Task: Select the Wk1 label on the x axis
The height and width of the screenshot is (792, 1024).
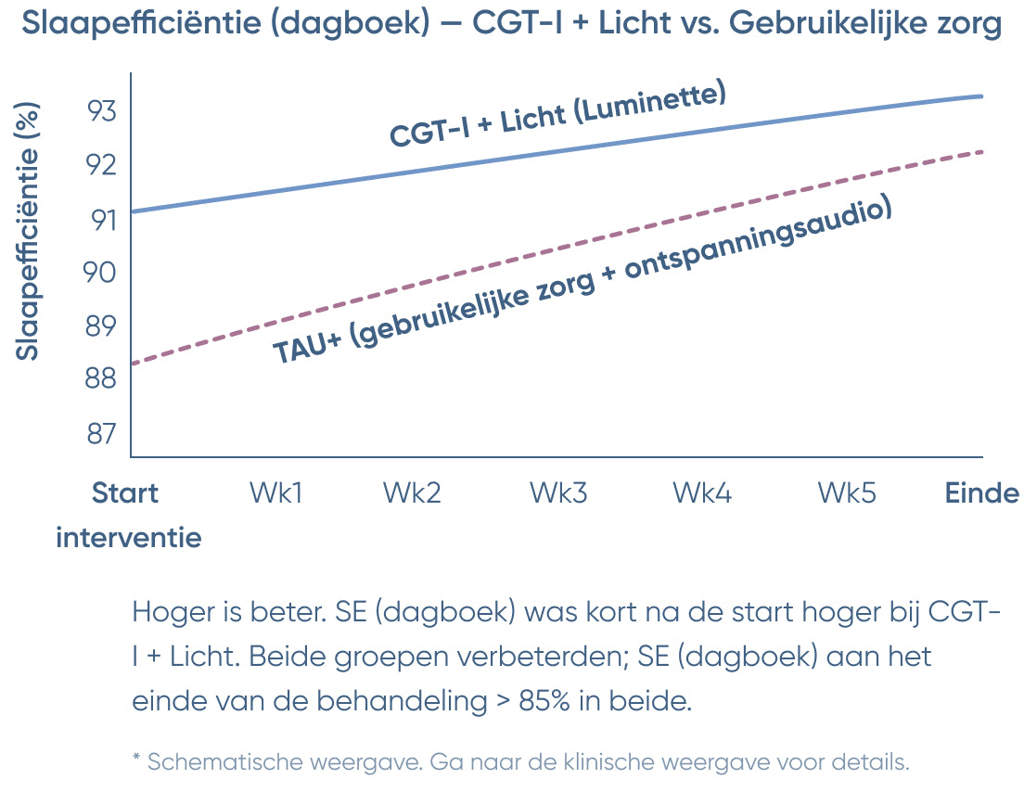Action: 275,492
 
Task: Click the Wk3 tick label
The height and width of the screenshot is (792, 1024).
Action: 558,492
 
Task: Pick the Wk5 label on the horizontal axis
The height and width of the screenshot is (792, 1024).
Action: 847,492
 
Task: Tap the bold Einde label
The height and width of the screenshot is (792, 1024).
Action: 981,492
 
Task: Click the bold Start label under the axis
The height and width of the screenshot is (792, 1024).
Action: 125,492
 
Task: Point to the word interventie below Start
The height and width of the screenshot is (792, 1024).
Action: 129,537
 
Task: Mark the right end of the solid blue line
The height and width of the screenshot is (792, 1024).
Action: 981,96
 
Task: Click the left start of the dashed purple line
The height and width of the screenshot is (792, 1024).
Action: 134,363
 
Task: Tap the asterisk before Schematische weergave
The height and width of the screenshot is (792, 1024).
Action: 136,760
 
